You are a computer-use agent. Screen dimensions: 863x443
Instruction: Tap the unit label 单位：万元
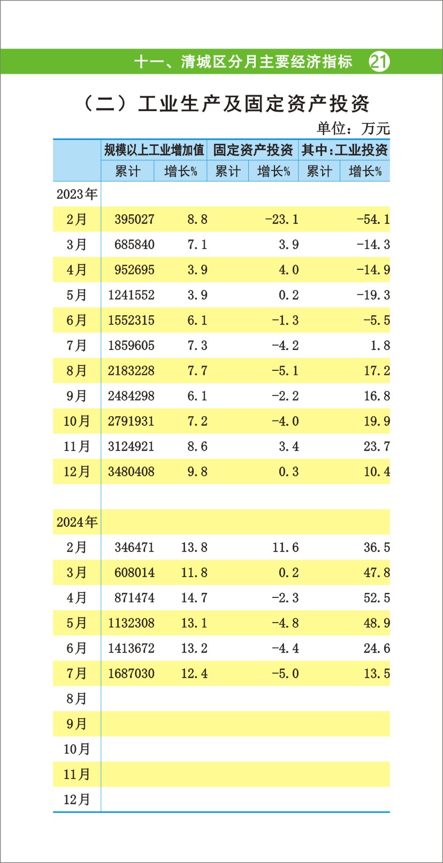(x=353, y=128)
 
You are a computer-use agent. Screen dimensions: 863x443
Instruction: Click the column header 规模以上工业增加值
(x=154, y=150)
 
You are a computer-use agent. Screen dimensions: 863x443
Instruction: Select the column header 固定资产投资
(x=253, y=150)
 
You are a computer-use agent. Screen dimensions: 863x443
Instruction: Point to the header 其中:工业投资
(x=344, y=150)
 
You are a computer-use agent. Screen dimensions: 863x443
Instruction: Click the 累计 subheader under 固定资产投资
(x=228, y=172)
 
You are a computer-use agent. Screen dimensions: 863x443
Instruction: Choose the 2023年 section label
(x=77, y=194)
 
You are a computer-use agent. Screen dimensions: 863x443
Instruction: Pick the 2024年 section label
(x=77, y=522)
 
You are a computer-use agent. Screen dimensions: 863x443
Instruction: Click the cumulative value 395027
(x=134, y=219)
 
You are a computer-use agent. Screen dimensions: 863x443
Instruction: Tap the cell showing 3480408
(x=131, y=472)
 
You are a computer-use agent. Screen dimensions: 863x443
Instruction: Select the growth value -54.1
(x=373, y=219)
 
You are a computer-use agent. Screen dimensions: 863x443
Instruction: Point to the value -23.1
(x=281, y=219)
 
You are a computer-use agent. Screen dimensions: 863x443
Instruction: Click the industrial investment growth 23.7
(x=377, y=446)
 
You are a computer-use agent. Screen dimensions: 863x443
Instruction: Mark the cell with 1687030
(x=131, y=673)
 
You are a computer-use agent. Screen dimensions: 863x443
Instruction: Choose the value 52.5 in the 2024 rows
(x=377, y=597)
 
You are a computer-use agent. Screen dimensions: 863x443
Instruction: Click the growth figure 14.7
(x=194, y=597)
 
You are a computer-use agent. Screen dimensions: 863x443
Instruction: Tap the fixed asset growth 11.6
(x=285, y=547)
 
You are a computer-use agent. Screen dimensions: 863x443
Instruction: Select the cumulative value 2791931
(x=131, y=421)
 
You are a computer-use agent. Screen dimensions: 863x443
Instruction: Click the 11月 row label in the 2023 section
(x=77, y=446)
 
